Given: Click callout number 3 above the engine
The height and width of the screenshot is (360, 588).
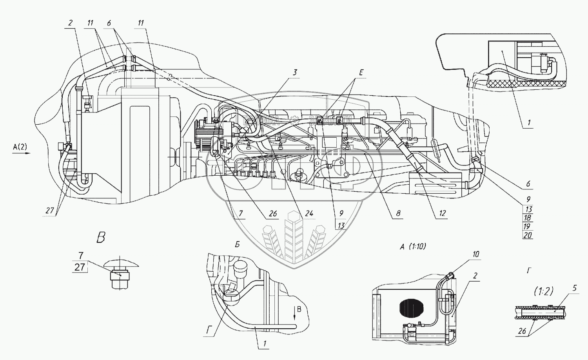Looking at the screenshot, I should pyautogui.click(x=295, y=72).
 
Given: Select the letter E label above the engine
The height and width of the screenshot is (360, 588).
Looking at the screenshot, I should pyautogui.click(x=361, y=73).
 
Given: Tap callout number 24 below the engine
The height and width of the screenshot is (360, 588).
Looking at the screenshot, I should pyautogui.click(x=309, y=213).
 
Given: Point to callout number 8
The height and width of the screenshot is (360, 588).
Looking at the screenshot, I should pyautogui.click(x=398, y=213).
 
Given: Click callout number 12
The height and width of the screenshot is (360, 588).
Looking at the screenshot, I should pyautogui.click(x=443, y=213).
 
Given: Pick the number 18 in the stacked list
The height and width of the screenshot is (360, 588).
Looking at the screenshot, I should pyautogui.click(x=528, y=218).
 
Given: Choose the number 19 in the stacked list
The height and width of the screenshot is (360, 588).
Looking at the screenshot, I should pyautogui.click(x=527, y=226).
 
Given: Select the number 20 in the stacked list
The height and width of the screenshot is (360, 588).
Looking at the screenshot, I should pyautogui.click(x=528, y=235).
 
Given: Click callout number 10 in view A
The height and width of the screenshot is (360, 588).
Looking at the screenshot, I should pyautogui.click(x=476, y=254).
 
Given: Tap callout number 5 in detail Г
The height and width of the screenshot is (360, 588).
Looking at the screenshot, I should pyautogui.click(x=575, y=288).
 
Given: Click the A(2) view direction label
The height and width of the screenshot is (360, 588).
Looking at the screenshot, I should pyautogui.click(x=20, y=147).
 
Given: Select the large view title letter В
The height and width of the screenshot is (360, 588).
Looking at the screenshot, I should pyautogui.click(x=101, y=238).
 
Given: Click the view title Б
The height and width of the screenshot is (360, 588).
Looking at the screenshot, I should pyautogui.click(x=237, y=245).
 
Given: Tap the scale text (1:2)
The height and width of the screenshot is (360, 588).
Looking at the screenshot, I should pyautogui.click(x=543, y=291).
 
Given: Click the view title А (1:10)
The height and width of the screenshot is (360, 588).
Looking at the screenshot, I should pyautogui.click(x=413, y=247).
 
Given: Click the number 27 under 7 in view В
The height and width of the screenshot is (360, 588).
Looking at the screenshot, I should pyautogui.click(x=80, y=267).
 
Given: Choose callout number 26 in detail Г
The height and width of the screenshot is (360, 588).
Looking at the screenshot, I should pyautogui.click(x=522, y=331).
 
